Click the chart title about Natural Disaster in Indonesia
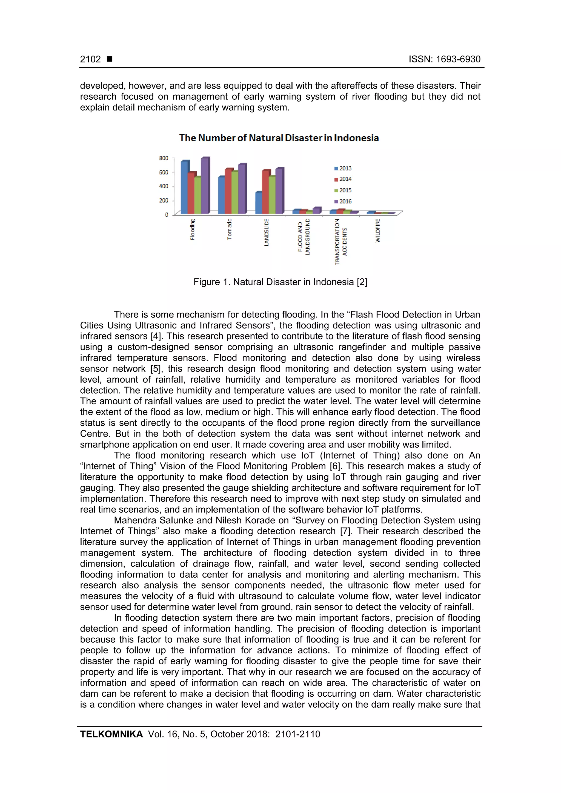pos(279,138)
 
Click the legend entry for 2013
pos(343,169)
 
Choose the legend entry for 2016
pos(343,201)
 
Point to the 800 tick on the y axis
pos(164,158)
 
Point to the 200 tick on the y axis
pos(164,201)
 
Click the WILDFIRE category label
pos(378,230)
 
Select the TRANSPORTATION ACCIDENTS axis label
pos(340,242)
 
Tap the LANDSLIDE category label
pos(266,232)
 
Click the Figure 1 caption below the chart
pos(280,282)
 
